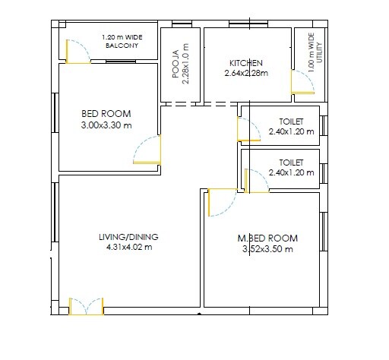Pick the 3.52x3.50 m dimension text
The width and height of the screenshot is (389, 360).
267,248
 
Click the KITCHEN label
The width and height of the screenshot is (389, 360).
246,63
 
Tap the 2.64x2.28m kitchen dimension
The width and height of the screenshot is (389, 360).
247,74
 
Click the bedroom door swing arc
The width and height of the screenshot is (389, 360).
147,150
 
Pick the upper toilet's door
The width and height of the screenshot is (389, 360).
248,129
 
